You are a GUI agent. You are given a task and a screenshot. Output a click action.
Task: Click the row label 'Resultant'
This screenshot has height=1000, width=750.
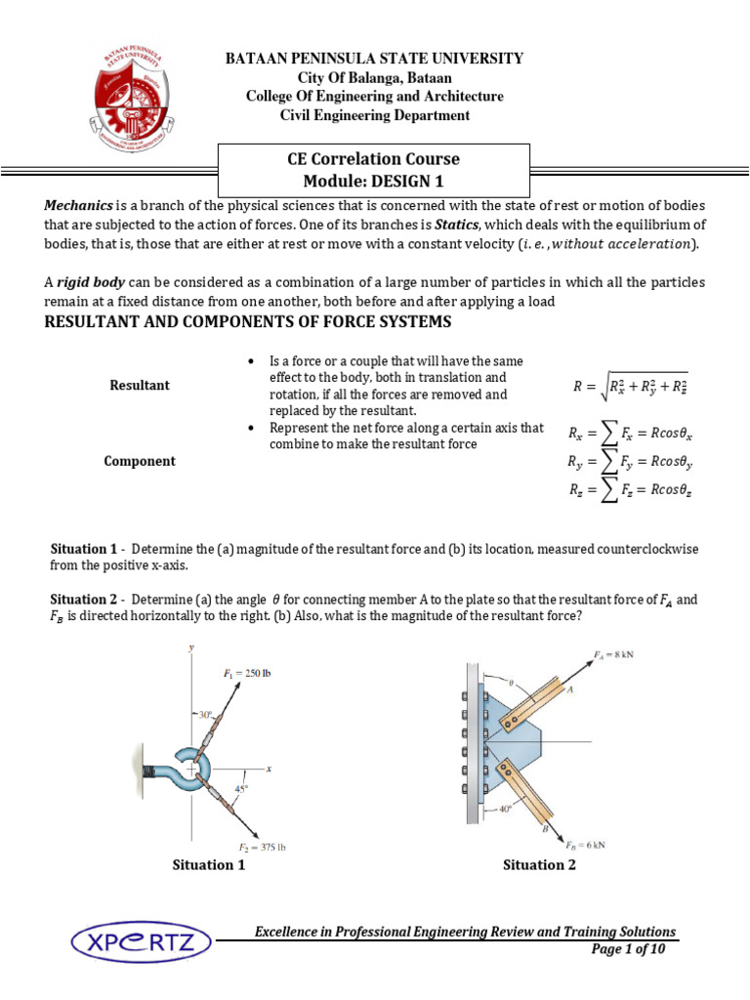click(x=140, y=385)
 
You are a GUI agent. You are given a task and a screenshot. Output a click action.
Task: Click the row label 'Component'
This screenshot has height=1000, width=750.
click(x=140, y=461)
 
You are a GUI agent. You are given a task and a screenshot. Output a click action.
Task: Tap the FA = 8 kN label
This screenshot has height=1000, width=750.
click(x=613, y=655)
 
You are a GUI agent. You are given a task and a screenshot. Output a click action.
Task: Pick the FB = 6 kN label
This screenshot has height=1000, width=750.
click(x=585, y=843)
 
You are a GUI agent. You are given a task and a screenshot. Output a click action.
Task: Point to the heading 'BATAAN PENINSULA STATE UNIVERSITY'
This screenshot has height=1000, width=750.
click(x=375, y=59)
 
